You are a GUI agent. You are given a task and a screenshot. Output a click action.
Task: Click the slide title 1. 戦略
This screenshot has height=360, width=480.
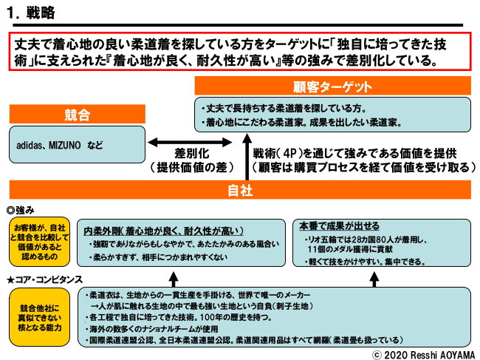click(x=30, y=13)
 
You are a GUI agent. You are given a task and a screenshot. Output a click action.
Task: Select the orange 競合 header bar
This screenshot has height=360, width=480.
click(x=77, y=115)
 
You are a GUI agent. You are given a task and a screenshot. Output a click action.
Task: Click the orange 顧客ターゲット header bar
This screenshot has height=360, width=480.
click(x=332, y=86)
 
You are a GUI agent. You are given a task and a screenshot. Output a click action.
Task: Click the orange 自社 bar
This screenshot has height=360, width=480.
click(x=240, y=190)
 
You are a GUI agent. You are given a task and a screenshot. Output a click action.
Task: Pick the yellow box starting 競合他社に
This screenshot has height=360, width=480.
click(x=38, y=316)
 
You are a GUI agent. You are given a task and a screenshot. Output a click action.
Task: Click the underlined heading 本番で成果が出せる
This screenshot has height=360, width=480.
click(x=340, y=225)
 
